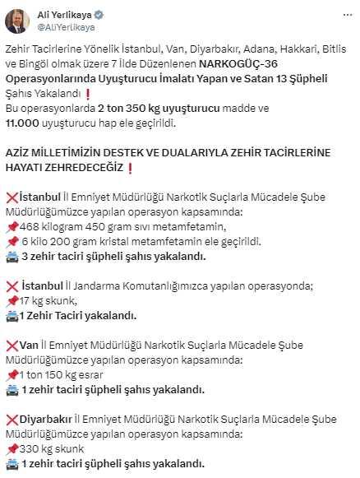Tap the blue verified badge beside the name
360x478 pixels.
pyautogui.click(x=103, y=14)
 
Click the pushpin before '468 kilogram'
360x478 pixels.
pyautogui.click(x=11, y=227)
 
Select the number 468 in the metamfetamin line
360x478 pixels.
pyautogui.click(x=30, y=227)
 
